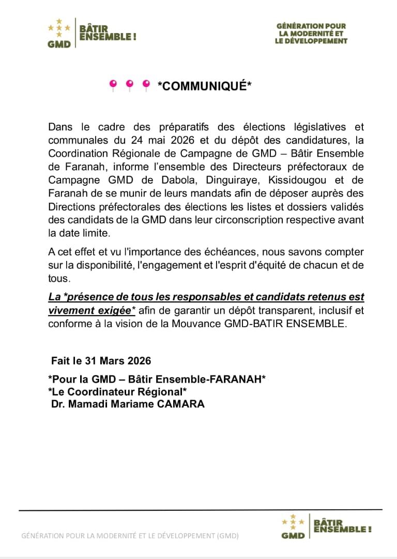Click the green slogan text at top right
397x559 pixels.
[x=311, y=34]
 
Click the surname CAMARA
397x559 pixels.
[x=184, y=404]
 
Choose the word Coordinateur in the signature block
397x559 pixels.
[x=100, y=392]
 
